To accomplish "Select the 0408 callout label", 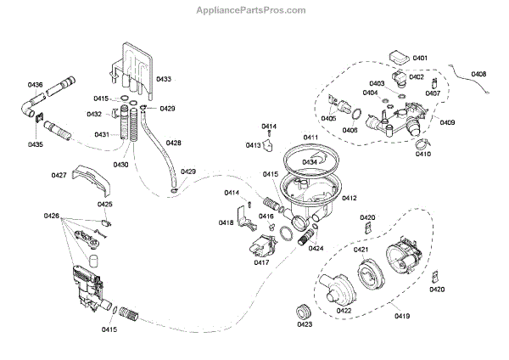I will click(x=478, y=75).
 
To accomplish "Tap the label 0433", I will click(x=164, y=79).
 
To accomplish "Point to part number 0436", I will click(x=35, y=85).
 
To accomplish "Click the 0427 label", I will click(x=59, y=175).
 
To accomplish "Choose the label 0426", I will click(x=52, y=217).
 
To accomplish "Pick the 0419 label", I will click(x=402, y=316).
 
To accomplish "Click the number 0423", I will click(x=305, y=323).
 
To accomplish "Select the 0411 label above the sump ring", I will click(x=310, y=138).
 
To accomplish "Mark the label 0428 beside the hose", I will click(x=172, y=143).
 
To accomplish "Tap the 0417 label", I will click(x=261, y=262).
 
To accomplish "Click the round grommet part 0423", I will click(x=302, y=307).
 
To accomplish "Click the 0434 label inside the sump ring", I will click(x=311, y=161).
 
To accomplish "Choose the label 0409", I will click(x=447, y=122).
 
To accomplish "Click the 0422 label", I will click(x=344, y=310).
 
